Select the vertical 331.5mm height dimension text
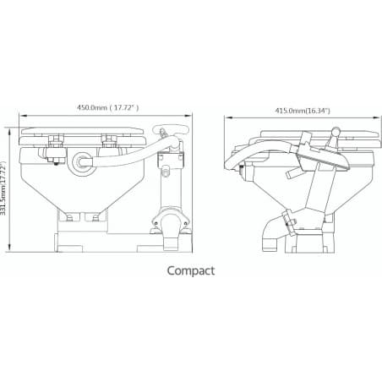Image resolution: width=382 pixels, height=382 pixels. point(7,190)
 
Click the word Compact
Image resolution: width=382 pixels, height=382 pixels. point(191,270)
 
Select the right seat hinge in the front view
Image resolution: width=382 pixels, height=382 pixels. point(107,145)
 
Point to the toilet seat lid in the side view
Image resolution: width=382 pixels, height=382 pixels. point(313,133)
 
